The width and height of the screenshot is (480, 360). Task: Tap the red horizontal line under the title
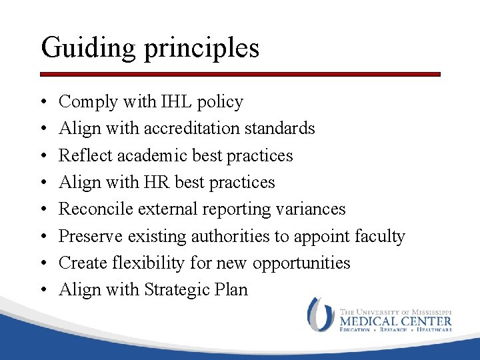coord(240,74)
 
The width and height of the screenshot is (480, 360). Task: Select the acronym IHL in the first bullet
coord(177,102)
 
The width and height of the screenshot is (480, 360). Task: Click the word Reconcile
coord(96,209)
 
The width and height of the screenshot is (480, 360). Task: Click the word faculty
coord(379,236)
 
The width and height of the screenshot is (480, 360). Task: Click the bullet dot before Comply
coord(44,103)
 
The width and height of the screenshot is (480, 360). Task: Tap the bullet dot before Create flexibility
coord(44,263)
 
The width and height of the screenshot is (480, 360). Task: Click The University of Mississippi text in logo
coord(395,311)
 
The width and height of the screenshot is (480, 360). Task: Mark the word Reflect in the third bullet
coord(85,155)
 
